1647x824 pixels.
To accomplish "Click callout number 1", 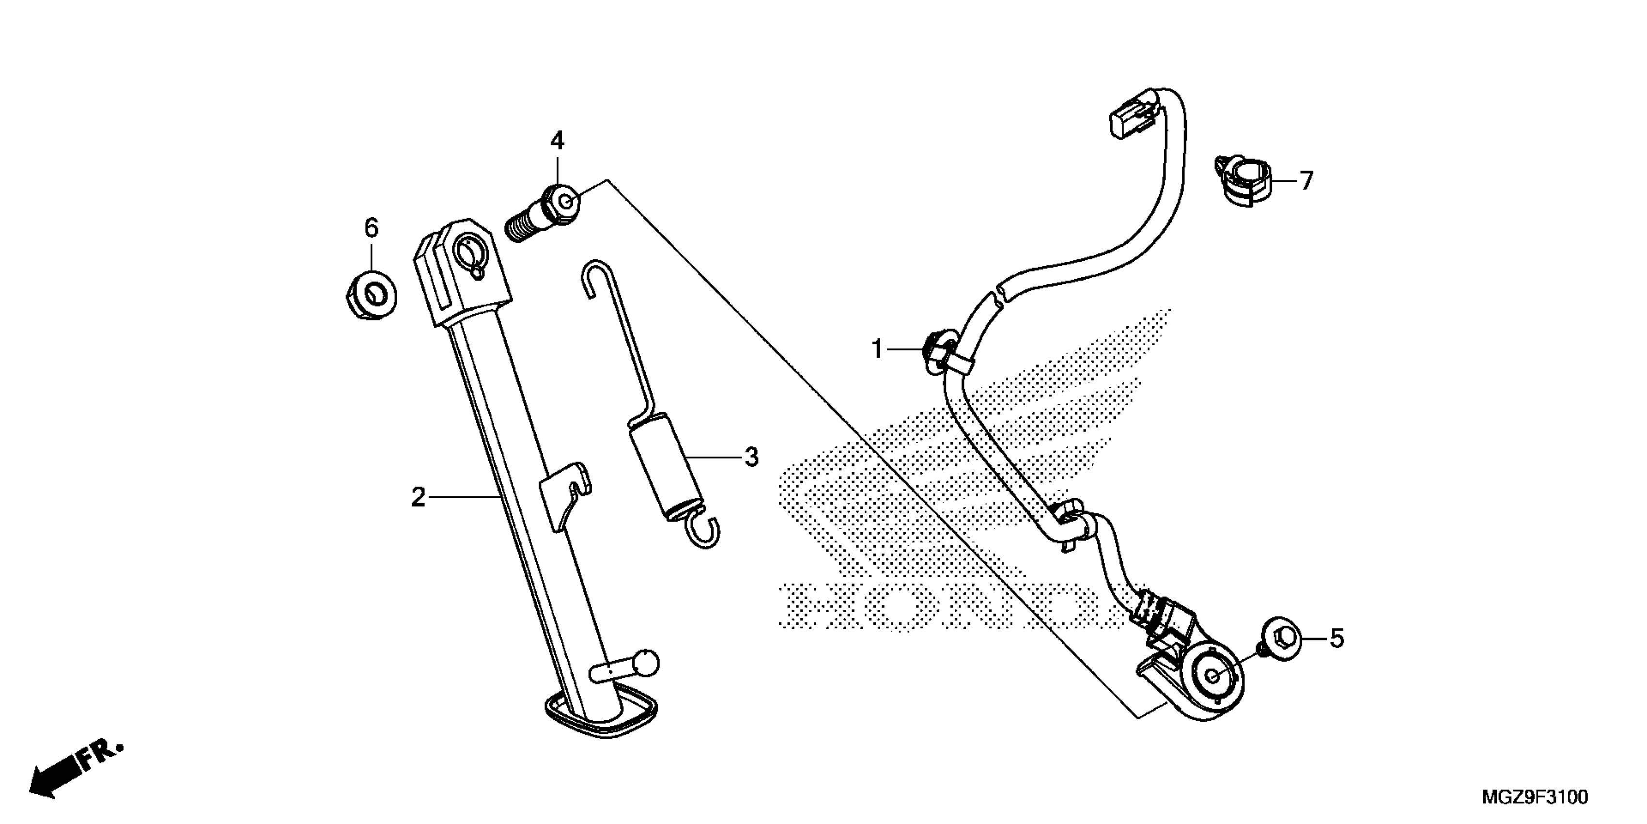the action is click(x=877, y=349).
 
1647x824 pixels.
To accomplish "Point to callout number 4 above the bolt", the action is click(x=558, y=141).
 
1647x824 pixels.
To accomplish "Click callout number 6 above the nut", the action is click(x=372, y=228).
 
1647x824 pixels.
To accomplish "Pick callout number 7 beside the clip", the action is click(x=1306, y=181).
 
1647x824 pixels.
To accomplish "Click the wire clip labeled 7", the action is click(x=1243, y=182).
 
